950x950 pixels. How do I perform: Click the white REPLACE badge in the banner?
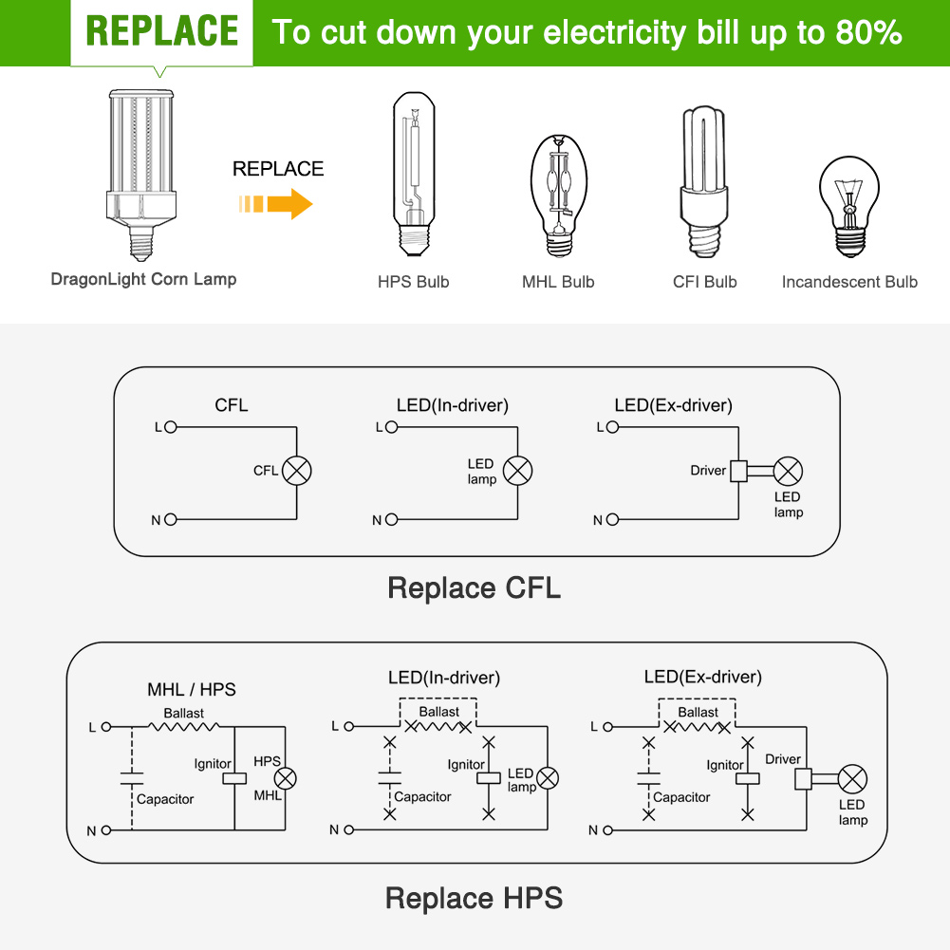pos(161,32)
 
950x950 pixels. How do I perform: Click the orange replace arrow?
pos(275,203)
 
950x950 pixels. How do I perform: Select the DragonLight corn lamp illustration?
pos(141,175)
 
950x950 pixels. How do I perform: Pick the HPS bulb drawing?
pos(414,175)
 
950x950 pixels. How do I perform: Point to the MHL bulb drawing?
pos(559,196)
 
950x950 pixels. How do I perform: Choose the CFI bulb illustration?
pos(703,182)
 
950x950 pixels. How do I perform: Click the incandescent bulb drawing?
pos(849,207)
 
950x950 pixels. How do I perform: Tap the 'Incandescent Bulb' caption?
pos(849,282)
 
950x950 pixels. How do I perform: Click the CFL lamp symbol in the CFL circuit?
pos(297,471)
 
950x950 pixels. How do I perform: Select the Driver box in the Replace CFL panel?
pos(738,471)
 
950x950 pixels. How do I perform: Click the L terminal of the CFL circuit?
pos(171,427)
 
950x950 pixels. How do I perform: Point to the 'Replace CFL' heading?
pos(475,587)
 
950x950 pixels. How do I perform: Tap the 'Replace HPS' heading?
pos(475,898)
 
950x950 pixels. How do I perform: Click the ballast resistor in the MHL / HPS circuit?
pos(184,726)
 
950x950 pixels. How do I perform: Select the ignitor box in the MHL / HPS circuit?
pos(234,778)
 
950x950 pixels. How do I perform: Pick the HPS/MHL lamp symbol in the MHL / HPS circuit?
pos(286,778)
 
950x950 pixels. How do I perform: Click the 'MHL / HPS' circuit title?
pos(192,689)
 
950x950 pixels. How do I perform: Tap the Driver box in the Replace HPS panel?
pos(804,778)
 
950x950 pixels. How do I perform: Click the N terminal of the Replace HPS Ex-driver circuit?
pos(607,830)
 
